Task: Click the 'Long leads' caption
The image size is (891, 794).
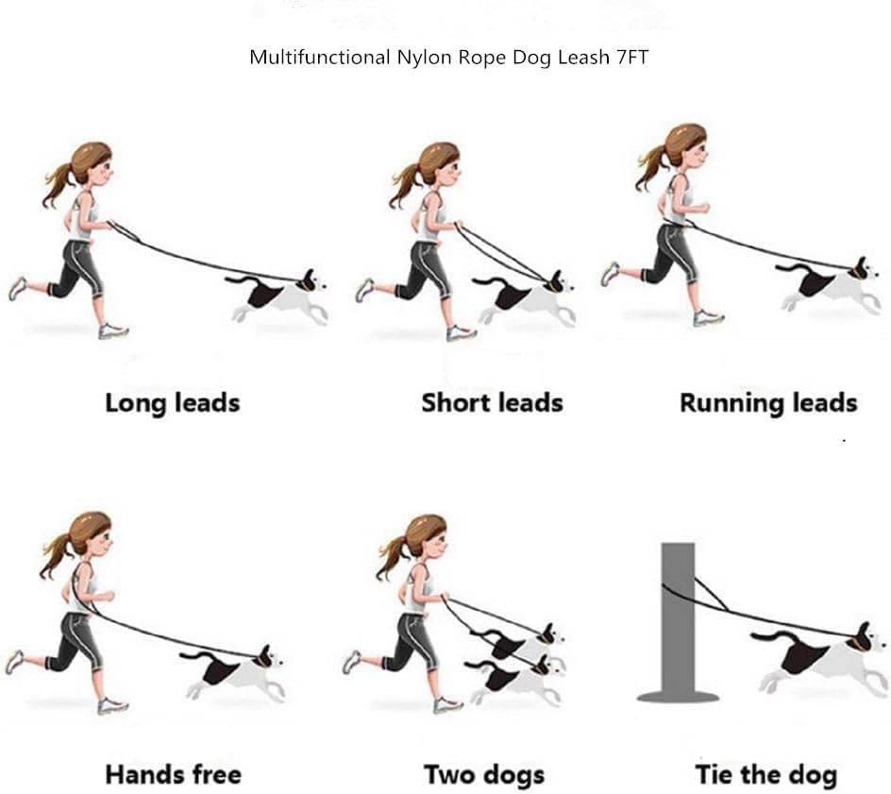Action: point(172,403)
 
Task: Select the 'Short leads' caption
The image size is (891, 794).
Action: point(492,403)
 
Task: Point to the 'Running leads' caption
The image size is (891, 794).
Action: point(767,403)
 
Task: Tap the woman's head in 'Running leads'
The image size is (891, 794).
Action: point(685,146)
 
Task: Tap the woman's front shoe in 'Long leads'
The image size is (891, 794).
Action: point(113,330)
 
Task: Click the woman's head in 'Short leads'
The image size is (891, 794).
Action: point(440,165)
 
